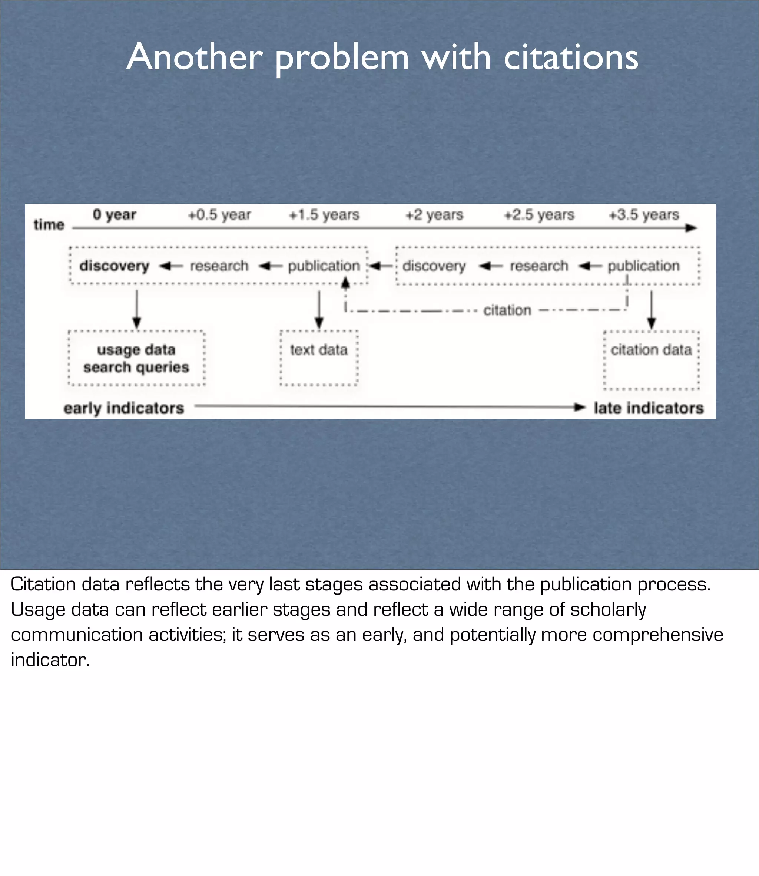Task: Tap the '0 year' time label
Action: pyautogui.click(x=115, y=215)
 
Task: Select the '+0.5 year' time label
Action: pyautogui.click(x=219, y=215)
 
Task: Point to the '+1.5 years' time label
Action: pyautogui.click(x=324, y=215)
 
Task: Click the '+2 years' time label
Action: pyautogui.click(x=434, y=215)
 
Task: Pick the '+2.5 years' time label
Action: pyautogui.click(x=539, y=215)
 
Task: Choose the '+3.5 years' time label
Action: pyautogui.click(x=644, y=215)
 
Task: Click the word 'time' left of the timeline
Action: pyautogui.click(x=49, y=225)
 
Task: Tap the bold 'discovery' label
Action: pyautogui.click(x=115, y=266)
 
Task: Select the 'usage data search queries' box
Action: pyautogui.click(x=136, y=359)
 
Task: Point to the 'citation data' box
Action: pyautogui.click(x=652, y=360)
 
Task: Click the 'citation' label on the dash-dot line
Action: pyautogui.click(x=507, y=311)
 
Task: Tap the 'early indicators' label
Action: pyautogui.click(x=124, y=408)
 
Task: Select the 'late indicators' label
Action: pyautogui.click(x=649, y=408)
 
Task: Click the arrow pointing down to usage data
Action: pyautogui.click(x=136, y=309)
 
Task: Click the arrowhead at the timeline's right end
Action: pyautogui.click(x=691, y=228)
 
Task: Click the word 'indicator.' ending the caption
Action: pyautogui.click(x=50, y=660)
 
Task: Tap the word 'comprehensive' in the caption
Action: pyautogui.click(x=658, y=635)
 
